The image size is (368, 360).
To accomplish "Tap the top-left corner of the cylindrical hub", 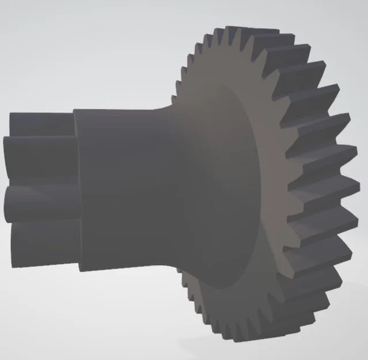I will click(x=75, y=110).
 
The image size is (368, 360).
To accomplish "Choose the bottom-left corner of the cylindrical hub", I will click(x=81, y=269).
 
